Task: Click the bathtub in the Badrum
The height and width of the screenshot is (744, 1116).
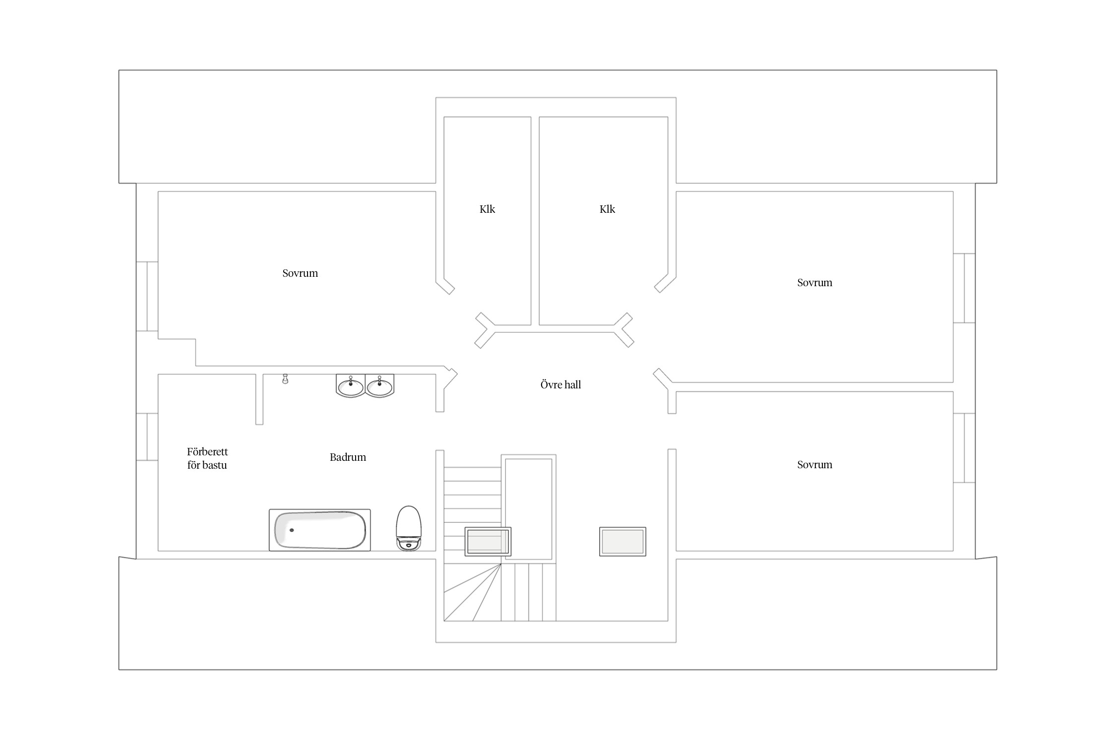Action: click(x=319, y=530)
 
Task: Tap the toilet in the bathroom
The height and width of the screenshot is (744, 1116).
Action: click(x=409, y=528)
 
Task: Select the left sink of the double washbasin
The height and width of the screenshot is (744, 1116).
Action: click(x=351, y=386)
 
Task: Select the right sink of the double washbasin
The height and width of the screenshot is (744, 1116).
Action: click(x=380, y=386)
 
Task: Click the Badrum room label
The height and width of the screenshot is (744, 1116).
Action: click(x=348, y=457)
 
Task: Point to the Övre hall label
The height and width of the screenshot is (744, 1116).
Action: click(x=560, y=384)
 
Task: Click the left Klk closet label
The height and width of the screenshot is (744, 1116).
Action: click(x=487, y=209)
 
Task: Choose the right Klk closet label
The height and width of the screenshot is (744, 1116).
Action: click(x=607, y=209)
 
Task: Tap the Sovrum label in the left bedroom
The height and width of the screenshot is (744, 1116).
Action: click(x=300, y=273)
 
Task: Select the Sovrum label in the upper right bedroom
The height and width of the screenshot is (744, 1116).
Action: click(x=814, y=283)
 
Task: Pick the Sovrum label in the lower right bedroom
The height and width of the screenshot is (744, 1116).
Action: click(x=814, y=465)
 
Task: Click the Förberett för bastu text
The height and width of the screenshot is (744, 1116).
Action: click(x=207, y=458)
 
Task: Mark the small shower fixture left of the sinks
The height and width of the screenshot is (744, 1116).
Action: click(x=285, y=379)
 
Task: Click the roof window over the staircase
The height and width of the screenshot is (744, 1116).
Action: click(x=488, y=542)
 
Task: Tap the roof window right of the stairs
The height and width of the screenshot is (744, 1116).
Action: click(x=622, y=542)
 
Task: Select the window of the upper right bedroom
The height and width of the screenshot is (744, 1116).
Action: click(x=964, y=288)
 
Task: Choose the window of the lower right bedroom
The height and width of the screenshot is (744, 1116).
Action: click(x=964, y=448)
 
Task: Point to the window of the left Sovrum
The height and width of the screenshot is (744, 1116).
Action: click(x=147, y=296)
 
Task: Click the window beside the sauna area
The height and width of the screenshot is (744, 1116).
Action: click(x=147, y=437)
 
